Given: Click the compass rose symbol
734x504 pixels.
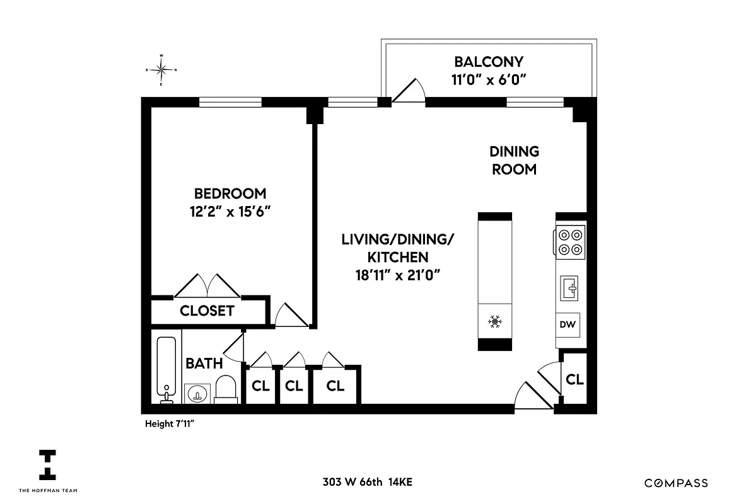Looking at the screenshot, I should coord(161,69).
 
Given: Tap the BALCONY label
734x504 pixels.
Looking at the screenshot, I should coord(489,62).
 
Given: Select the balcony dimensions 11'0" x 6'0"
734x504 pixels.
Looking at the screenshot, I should coord(489,79).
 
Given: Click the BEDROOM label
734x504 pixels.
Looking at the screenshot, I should coord(230,193).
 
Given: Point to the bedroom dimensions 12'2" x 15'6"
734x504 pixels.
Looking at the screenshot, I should coord(230,212).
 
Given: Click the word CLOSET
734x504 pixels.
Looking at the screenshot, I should coord(207,311).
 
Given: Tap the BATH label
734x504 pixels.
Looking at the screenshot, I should coord(204,364).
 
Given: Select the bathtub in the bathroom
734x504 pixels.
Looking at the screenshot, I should coord(166,369).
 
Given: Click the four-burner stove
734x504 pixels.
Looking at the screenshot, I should coord(570,242).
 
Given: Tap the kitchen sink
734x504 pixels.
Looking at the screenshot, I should coord(570,289).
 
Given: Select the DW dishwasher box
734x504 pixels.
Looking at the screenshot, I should coord(567,325).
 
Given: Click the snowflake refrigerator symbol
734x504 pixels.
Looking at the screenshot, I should coord(495,323).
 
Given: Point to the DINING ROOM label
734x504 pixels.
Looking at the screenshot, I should coord(514,160).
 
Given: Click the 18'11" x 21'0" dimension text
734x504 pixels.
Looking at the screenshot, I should coord(398,275).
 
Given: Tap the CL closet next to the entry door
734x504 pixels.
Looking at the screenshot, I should coord(574,380).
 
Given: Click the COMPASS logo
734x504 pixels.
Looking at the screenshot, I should coord(676,483).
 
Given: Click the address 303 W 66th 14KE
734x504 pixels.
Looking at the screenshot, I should coord(367,483).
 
